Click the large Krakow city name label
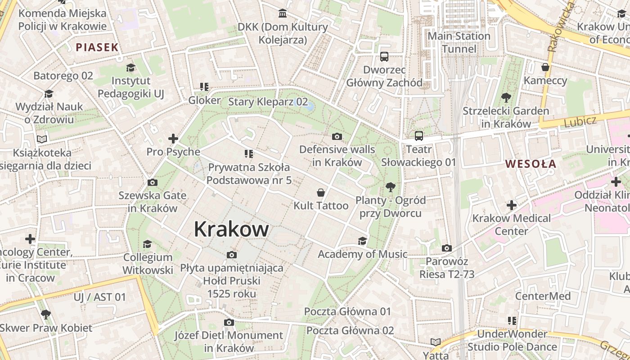tap(231, 229)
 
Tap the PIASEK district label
tap(97, 47)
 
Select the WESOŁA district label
tap(531, 164)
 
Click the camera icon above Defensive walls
tap(337, 136)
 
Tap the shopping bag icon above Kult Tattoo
tap(321, 193)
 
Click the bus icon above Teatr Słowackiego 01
tap(418, 136)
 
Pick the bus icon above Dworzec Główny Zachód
tap(384, 57)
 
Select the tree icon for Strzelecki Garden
tap(506, 97)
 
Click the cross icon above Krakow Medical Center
tap(511, 206)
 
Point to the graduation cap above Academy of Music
tap(362, 241)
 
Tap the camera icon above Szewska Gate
tap(152, 182)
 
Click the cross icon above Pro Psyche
tap(173, 139)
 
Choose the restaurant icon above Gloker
tap(204, 87)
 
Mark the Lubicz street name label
tap(580, 121)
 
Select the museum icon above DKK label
tap(283, 13)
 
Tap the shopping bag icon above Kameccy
tap(545, 67)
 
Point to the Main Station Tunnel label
tap(459, 42)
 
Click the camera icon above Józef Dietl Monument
tap(229, 322)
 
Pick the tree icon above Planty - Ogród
tap(390, 187)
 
